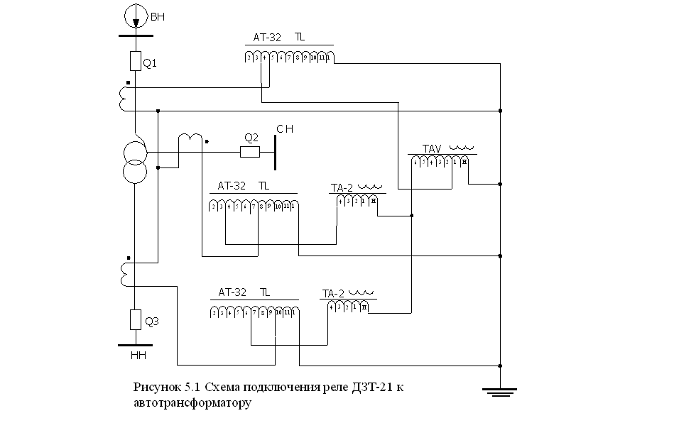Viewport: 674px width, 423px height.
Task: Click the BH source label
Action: [158, 13]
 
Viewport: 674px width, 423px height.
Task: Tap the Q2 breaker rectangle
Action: [250, 151]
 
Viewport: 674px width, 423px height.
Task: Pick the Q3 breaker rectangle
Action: [135, 320]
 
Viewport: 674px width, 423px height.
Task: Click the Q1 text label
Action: [150, 63]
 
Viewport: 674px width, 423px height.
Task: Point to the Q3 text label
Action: [151, 322]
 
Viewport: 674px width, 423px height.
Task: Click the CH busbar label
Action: [285, 129]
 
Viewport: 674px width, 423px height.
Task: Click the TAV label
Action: [433, 148]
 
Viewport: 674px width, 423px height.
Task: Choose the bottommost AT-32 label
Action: [232, 292]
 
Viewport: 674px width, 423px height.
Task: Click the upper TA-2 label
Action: [342, 188]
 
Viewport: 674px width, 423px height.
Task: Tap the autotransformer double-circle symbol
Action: [135, 162]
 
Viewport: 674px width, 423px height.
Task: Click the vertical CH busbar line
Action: [275, 150]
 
